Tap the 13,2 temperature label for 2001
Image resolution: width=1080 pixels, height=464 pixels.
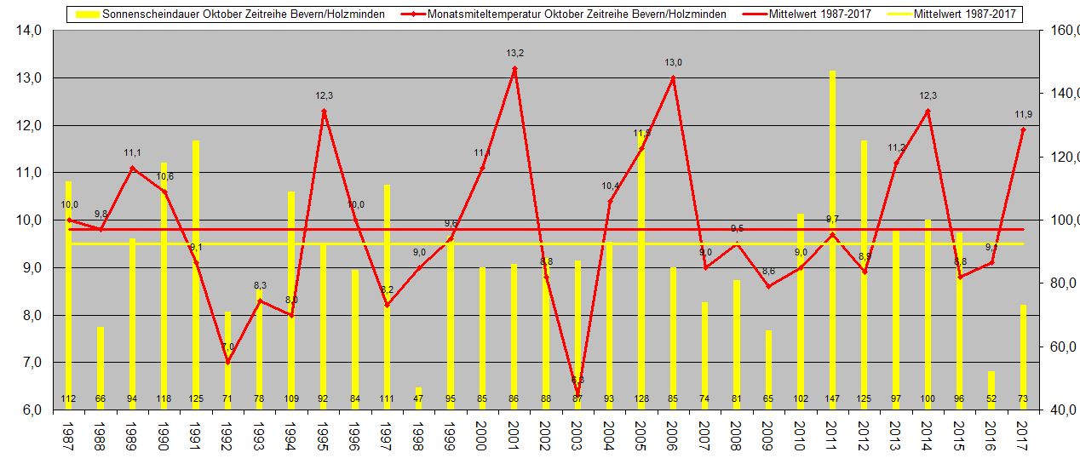point(514,53)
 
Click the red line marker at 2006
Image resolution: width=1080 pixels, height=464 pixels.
point(673,78)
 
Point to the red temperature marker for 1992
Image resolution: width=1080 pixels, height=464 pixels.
point(227,362)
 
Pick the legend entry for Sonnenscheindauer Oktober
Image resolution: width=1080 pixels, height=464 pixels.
point(230,14)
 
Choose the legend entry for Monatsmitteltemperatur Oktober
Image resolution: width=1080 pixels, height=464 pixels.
point(571,14)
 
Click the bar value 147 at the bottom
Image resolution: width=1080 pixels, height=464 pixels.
point(832,399)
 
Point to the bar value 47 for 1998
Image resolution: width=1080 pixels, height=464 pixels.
point(418,399)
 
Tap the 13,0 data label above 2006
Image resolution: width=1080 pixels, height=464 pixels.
point(673,62)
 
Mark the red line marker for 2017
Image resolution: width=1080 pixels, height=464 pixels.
point(1023,129)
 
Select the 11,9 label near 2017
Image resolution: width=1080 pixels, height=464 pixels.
point(1023,114)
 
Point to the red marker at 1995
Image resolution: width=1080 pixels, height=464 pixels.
point(324,111)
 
